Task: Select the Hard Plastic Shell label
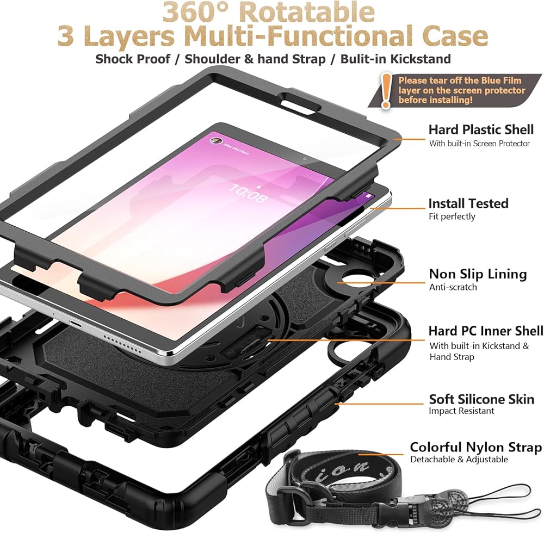point(481,129)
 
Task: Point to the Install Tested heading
point(468,203)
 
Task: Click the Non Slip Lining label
point(478,274)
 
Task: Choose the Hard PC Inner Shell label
point(485,331)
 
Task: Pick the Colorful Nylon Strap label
point(475,447)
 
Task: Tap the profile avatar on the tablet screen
point(215,140)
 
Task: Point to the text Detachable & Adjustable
point(459,460)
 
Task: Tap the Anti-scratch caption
point(453,287)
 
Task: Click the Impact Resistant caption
point(461,412)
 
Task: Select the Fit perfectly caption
point(452,216)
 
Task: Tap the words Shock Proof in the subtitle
point(133,58)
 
